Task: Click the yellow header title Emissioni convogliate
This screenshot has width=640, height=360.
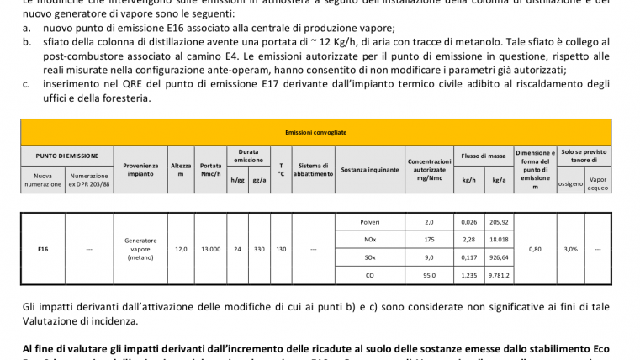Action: pyautogui.click(x=322, y=132)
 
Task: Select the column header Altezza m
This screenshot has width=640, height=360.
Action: pyautogui.click(x=181, y=170)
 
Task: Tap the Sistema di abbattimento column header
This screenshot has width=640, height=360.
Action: pyautogui.click(x=313, y=170)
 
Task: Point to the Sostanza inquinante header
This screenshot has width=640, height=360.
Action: pyautogui.click(x=369, y=170)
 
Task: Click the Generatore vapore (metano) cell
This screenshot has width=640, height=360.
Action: pyautogui.click(x=135, y=249)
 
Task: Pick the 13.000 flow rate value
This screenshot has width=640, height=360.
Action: pyautogui.click(x=210, y=249)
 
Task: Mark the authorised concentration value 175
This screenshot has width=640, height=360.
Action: pyautogui.click(x=429, y=240)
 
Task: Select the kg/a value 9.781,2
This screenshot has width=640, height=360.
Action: pyautogui.click(x=500, y=276)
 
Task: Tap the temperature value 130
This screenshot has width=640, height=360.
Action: pyautogui.click(x=281, y=249)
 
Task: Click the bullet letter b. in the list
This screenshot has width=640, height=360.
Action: pyautogui.click(x=28, y=40)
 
